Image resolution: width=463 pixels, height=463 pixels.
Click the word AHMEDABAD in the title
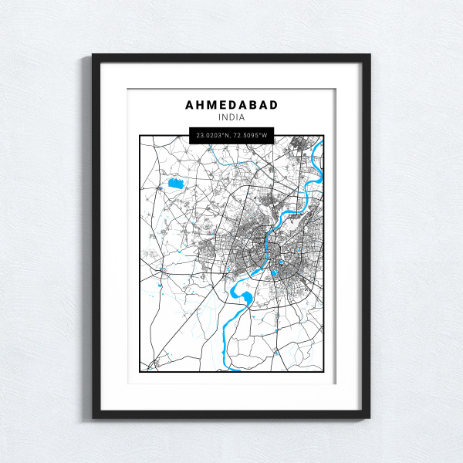[x=231, y=104]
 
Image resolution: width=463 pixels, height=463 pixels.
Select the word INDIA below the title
[x=231, y=117]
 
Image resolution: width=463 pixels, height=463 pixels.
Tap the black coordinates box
[x=231, y=135]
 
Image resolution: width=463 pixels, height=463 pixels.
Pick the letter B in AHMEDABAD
[x=252, y=104]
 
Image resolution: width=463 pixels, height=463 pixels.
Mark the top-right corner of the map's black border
[x=323, y=136]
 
